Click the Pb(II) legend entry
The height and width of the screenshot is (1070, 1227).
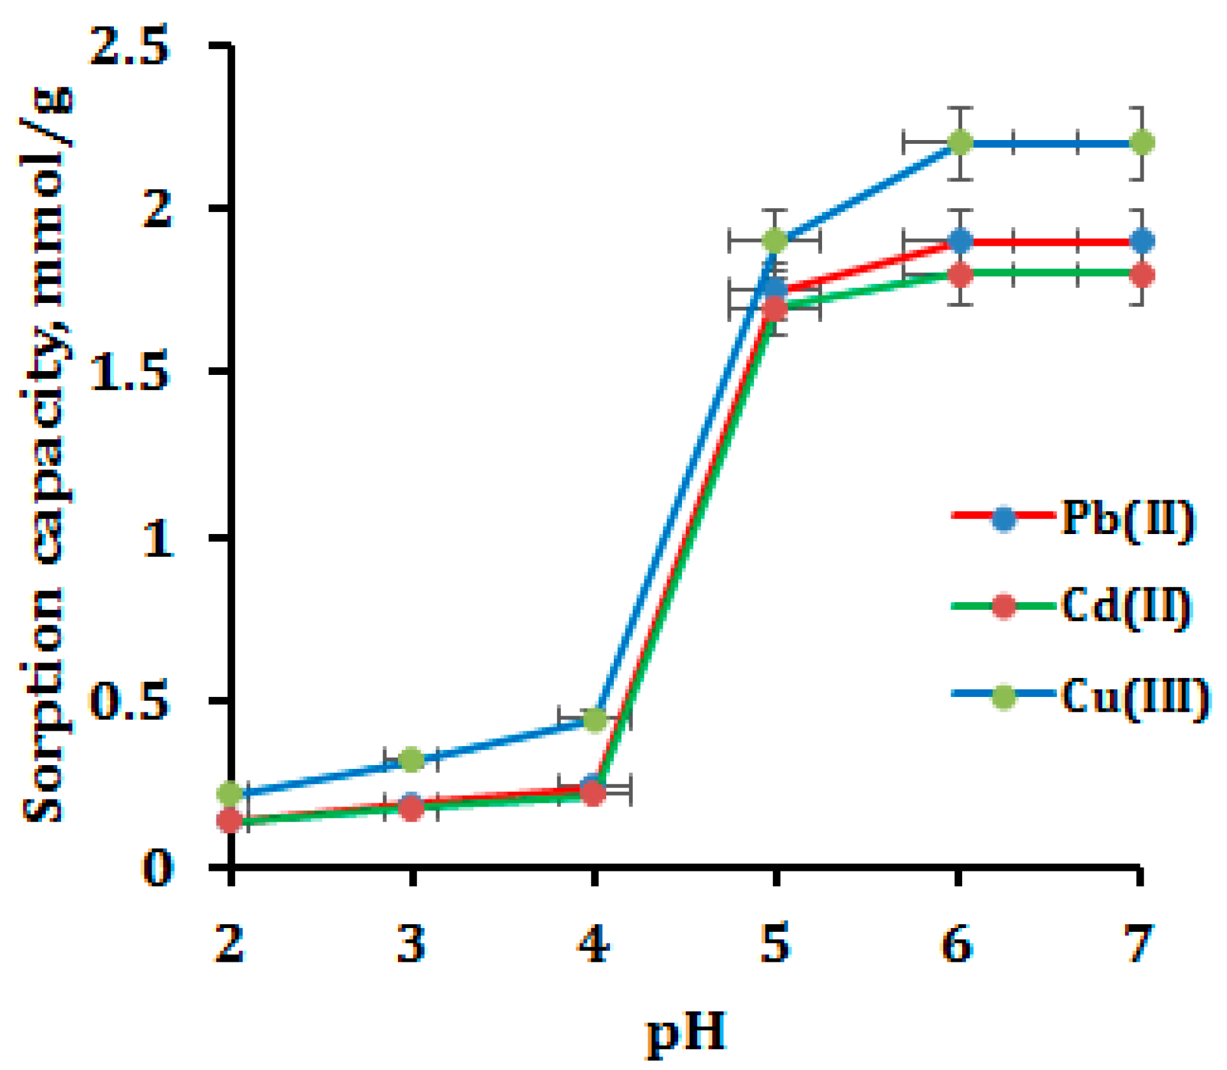coord(1127,519)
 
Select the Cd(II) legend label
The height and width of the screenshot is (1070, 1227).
coord(1126,606)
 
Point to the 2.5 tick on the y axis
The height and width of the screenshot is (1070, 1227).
coord(131,46)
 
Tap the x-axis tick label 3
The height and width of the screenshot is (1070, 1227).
coord(411,943)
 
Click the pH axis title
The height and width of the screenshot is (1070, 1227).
coord(686,1032)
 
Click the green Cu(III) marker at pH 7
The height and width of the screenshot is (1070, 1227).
coord(1141,142)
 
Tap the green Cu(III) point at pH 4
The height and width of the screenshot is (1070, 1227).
coord(594,720)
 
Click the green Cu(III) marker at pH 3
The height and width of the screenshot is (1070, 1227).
coord(411,759)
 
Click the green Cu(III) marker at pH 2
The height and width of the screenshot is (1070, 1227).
coord(230,793)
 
